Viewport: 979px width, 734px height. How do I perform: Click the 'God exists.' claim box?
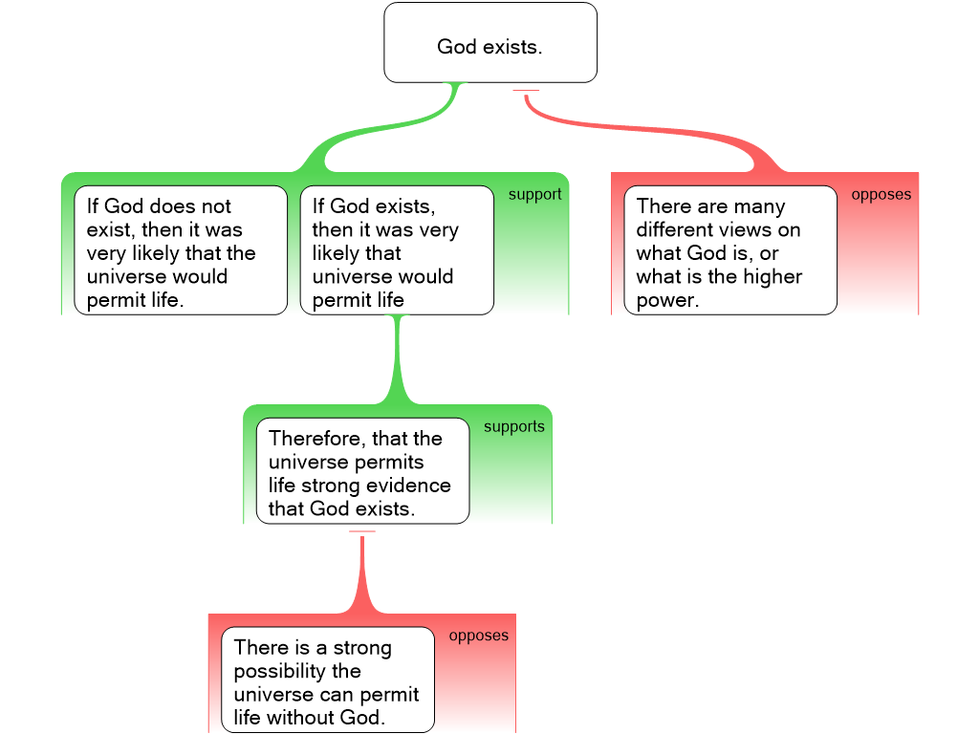point(489,43)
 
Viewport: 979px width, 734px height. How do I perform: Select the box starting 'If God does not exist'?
point(181,250)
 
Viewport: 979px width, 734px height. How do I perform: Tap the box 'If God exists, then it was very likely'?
point(397,250)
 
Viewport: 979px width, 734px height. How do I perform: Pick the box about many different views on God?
point(730,250)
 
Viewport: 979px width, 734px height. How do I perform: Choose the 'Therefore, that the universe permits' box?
point(362,471)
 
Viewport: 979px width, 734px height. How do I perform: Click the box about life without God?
point(327,680)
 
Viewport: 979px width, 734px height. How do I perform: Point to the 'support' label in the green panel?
point(534,195)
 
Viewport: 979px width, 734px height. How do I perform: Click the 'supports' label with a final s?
point(513,427)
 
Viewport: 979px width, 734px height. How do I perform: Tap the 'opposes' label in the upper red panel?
point(881,195)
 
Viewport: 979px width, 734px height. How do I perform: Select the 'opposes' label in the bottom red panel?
point(478,636)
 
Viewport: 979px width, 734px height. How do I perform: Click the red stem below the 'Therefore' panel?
point(362,573)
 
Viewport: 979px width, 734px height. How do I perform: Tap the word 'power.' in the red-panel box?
point(667,300)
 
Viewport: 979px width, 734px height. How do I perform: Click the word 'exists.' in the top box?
point(516,47)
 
